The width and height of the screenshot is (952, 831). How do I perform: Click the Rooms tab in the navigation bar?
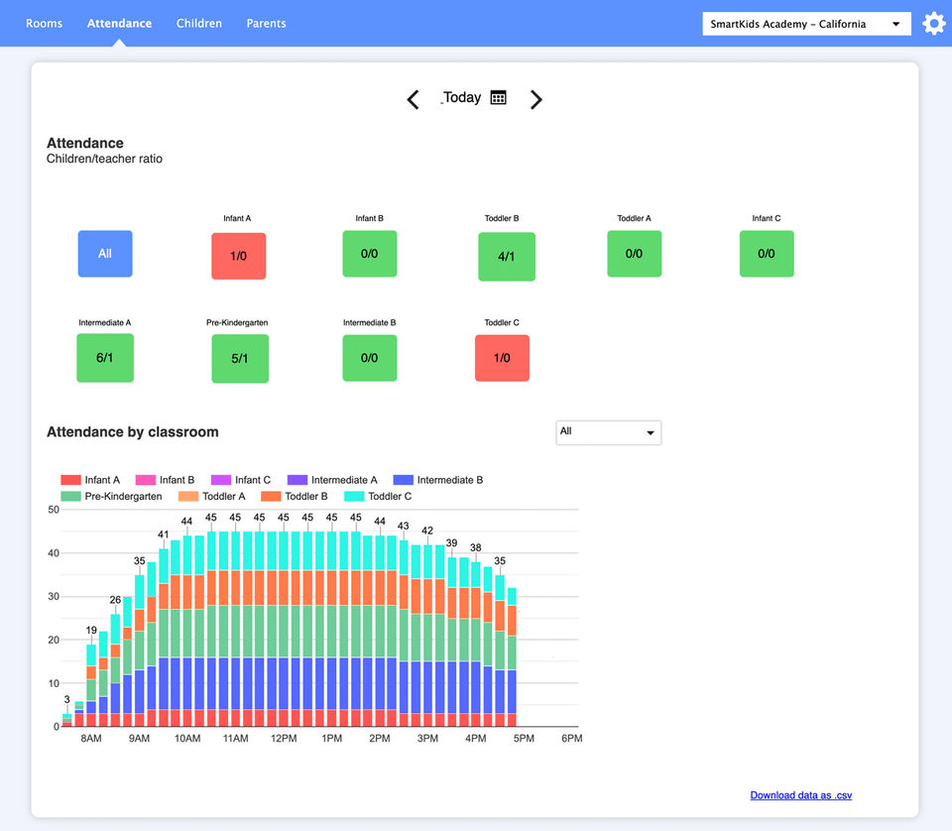tap(44, 23)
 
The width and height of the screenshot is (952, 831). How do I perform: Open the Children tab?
tap(199, 23)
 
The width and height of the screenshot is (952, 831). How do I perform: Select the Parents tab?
tap(267, 23)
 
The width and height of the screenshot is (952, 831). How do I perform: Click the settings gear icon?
tap(934, 24)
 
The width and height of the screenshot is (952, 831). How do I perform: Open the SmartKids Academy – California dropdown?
tap(806, 24)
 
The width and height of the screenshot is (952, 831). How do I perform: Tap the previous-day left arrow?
tap(414, 99)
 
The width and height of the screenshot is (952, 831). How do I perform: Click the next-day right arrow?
tap(536, 99)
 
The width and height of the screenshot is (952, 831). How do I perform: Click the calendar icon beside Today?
tap(499, 97)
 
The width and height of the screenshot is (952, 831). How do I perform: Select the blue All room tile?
tap(105, 254)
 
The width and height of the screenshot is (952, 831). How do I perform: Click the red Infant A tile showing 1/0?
tap(239, 256)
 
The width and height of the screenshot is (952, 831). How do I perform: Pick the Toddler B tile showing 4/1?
tap(507, 257)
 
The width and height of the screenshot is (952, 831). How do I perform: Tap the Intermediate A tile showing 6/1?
tap(105, 358)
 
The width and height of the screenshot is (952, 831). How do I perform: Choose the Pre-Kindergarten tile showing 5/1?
tap(240, 359)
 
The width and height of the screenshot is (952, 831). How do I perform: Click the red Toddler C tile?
tap(502, 358)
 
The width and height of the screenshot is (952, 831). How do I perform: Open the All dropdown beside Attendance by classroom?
tap(608, 432)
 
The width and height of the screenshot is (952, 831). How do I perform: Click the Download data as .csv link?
tap(800, 795)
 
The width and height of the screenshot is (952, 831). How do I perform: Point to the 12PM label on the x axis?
tap(284, 739)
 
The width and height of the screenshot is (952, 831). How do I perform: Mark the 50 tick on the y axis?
tap(54, 510)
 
